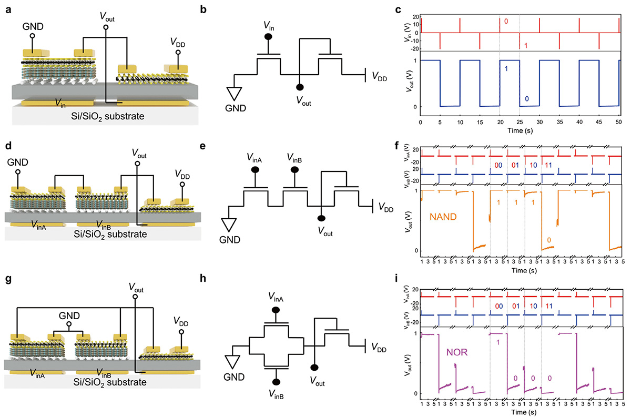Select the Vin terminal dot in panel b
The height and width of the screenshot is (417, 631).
click(268, 37)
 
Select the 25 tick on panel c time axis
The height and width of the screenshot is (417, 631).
click(520, 122)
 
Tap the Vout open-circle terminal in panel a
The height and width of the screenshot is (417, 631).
click(105, 27)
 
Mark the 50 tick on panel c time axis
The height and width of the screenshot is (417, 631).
click(618, 122)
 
